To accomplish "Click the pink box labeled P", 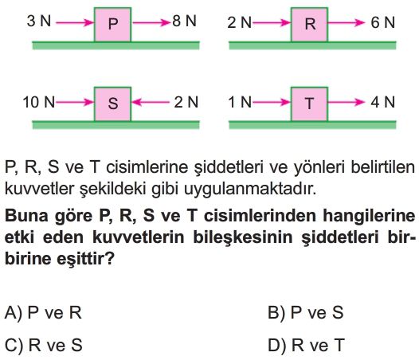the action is [112, 25].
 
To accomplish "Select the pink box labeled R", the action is [309, 25].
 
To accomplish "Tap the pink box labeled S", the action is [112, 104].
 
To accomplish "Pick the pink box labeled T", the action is [309, 104].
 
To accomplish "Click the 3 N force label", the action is [39, 21].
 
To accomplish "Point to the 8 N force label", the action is [184, 21].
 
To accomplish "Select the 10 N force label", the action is [39, 102].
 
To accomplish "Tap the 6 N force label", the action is [382, 22].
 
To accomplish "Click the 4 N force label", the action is [382, 102].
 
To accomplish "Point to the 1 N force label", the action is [240, 102].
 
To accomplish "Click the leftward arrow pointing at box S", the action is [151, 102].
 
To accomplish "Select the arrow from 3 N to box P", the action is [75, 23].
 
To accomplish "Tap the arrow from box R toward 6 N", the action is [347, 23].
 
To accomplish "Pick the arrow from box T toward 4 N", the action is [347, 102].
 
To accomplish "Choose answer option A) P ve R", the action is [43, 312].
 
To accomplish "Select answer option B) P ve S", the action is [305, 312].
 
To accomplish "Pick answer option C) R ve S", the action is [43, 345].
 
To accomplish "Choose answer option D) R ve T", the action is [306, 345].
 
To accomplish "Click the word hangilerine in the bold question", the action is [369, 216].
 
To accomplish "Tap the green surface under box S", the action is [116, 125].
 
